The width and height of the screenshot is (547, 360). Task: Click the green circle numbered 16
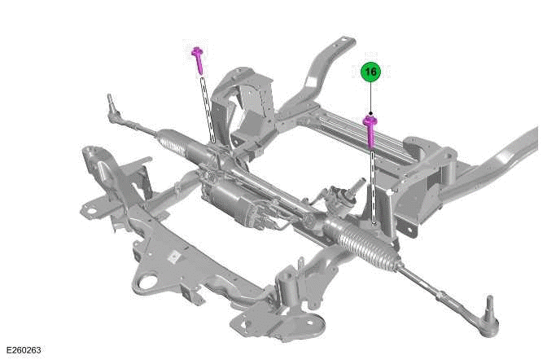[370, 72]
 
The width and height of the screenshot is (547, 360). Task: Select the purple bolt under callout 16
[370, 130]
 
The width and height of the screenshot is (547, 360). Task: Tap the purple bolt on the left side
[198, 59]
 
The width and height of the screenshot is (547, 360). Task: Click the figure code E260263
[22, 350]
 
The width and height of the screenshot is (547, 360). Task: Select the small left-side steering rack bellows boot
[173, 147]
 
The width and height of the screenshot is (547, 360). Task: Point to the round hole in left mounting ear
[91, 210]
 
